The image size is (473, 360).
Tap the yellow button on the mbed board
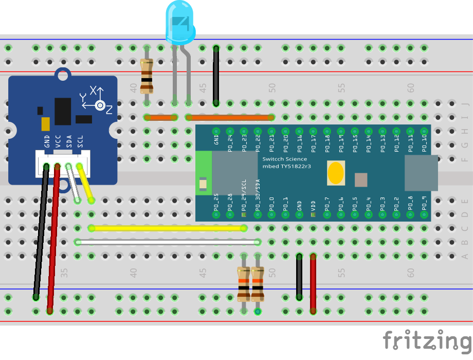(336, 173)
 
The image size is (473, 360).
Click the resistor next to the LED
(147, 75)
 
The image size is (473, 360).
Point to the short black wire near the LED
(216, 75)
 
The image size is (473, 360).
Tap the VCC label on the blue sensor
(58, 141)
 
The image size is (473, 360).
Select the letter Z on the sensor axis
(109, 109)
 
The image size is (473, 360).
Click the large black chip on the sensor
(63, 111)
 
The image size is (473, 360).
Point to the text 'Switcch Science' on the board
(284, 159)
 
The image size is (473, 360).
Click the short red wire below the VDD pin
(313, 283)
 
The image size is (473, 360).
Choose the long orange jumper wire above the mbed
(230, 117)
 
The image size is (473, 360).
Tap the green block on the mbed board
(204, 173)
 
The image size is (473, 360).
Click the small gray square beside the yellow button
(361, 179)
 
